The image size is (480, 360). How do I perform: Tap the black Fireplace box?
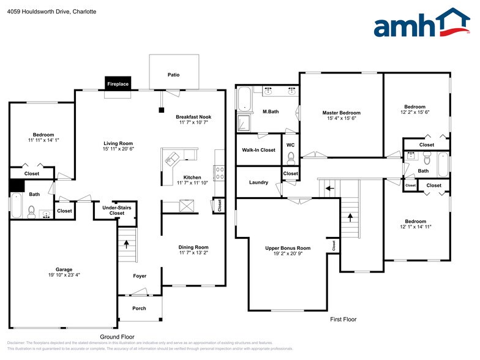tap(118, 84)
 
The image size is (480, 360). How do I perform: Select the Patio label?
tap(174, 75)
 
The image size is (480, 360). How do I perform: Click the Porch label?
tap(140, 308)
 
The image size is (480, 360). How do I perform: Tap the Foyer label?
tap(140, 276)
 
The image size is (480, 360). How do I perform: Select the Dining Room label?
tap(193, 247)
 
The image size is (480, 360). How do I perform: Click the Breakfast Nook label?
tap(193, 116)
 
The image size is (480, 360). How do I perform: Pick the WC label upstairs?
tap(290, 144)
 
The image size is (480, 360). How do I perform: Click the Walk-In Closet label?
tap(259, 149)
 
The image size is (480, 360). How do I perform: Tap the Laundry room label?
tap(258, 182)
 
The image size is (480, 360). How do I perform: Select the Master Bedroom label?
tap(341, 113)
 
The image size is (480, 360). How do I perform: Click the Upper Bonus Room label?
tap(288, 248)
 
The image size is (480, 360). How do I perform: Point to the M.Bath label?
tap(271, 111)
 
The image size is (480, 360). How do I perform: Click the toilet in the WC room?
tap(290, 158)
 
